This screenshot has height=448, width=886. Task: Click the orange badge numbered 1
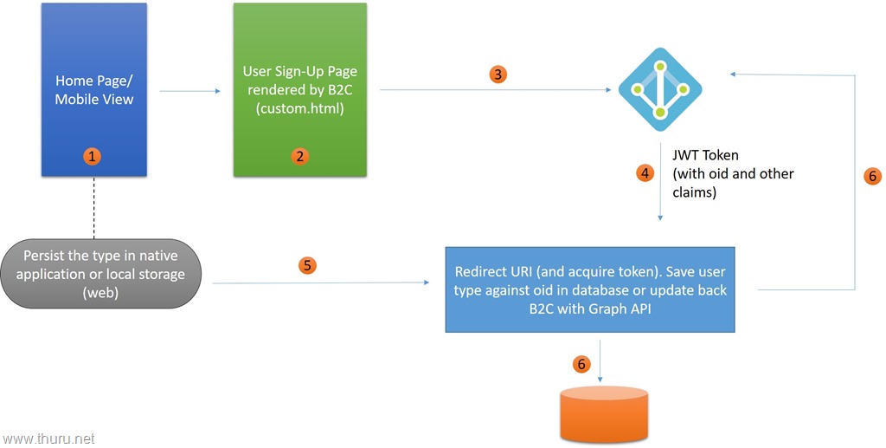(93, 157)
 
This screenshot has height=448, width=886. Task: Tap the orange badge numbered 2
(300, 157)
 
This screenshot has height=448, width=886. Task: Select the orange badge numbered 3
(497, 74)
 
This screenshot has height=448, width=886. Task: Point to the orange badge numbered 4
(644, 173)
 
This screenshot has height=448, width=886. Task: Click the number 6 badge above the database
(581, 364)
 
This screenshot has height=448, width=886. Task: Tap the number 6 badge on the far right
(872, 176)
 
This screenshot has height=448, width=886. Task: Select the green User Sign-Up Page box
(299, 90)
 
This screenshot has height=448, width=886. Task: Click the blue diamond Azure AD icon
(660, 88)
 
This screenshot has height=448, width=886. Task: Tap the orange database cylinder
(604, 417)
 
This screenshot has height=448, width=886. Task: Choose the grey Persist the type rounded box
(104, 273)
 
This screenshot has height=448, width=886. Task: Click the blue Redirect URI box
(590, 290)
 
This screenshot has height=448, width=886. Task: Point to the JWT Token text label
(705, 156)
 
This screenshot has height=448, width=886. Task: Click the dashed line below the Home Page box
(93, 207)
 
